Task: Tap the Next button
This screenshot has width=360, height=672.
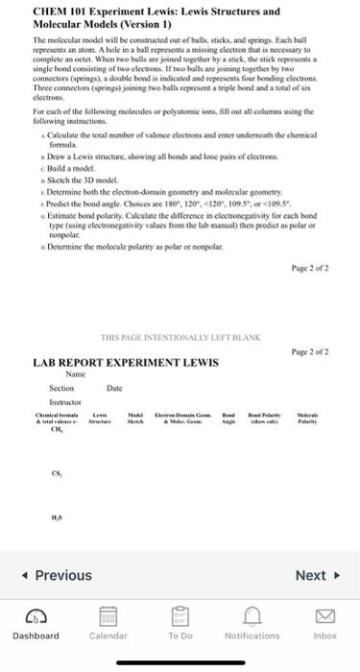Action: pos(316,576)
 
